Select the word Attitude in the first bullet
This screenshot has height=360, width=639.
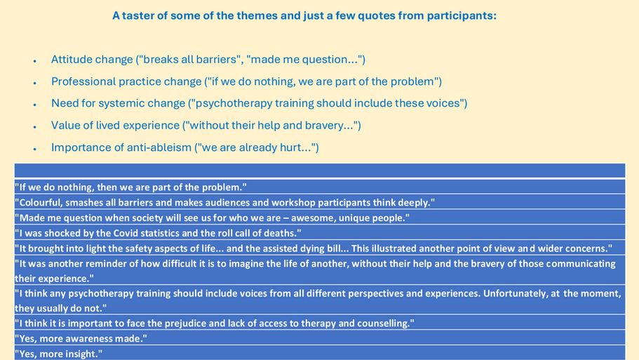click(72, 60)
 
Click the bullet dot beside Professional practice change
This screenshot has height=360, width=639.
click(35, 83)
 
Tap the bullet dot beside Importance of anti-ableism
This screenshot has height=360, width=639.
click(35, 149)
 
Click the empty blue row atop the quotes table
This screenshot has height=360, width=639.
click(320, 171)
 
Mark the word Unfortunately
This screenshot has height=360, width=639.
click(514, 293)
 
